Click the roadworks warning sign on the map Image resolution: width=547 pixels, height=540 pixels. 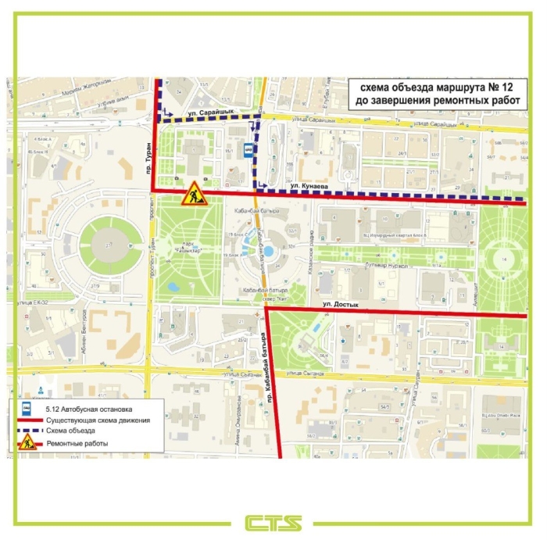[x=192, y=195]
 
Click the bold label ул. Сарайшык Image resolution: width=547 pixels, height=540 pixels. [x=205, y=113]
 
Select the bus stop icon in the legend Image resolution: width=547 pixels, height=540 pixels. [x=25, y=408]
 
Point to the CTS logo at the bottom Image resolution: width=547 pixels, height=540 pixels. [x=273, y=521]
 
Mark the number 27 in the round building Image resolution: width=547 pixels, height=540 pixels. [x=101, y=246]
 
